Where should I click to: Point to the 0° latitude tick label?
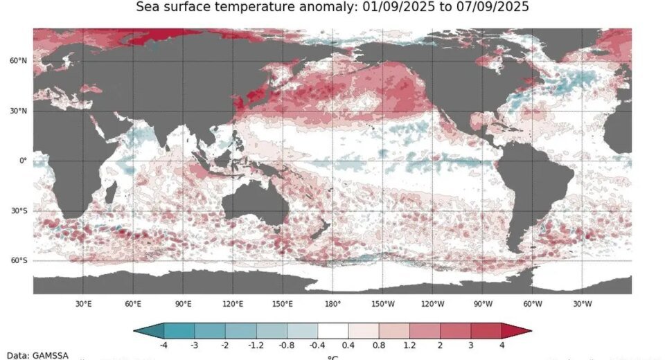click(22, 161)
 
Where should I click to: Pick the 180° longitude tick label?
click(332, 304)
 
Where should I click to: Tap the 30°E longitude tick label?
click(83, 304)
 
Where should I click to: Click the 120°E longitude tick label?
click(233, 304)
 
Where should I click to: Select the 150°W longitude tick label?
click(382, 304)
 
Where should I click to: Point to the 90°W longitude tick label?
click(482, 304)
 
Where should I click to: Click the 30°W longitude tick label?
click(582, 304)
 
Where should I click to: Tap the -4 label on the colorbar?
click(163, 344)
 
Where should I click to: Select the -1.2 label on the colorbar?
click(255, 344)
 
